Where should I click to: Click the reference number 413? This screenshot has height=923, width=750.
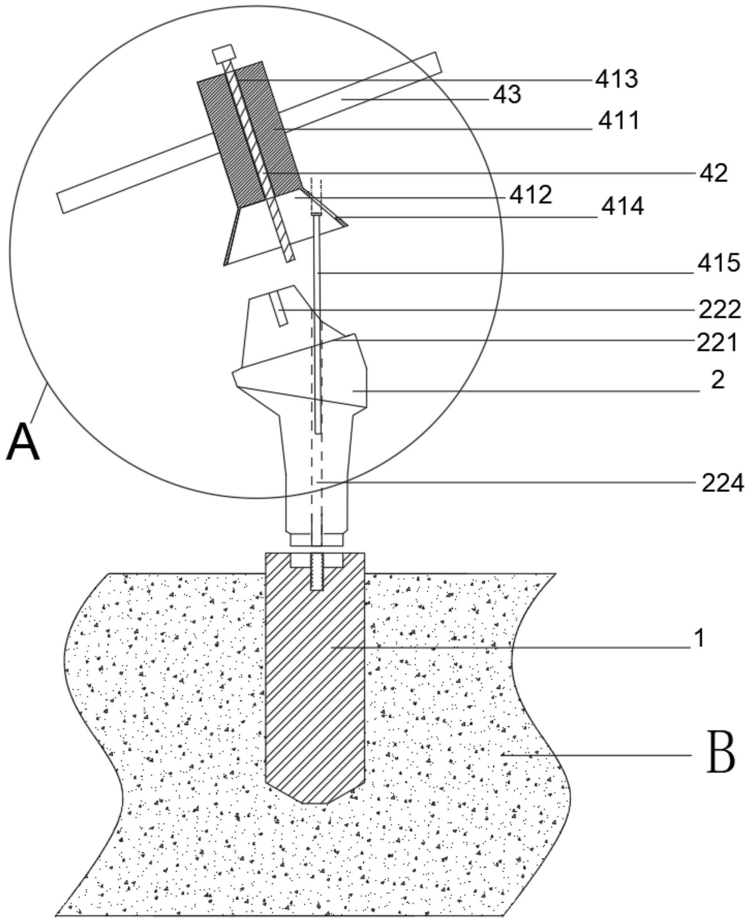(x=616, y=79)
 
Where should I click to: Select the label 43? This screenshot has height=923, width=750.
(x=507, y=95)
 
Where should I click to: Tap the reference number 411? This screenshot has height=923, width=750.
(x=618, y=121)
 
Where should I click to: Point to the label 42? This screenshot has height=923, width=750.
(x=714, y=173)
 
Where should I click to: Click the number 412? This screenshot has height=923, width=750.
(x=530, y=196)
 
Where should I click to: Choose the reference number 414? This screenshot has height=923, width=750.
(x=623, y=207)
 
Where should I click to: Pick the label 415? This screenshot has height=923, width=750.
(x=718, y=263)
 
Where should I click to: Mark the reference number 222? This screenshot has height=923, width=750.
(x=720, y=310)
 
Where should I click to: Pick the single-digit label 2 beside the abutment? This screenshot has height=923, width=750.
(x=717, y=380)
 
